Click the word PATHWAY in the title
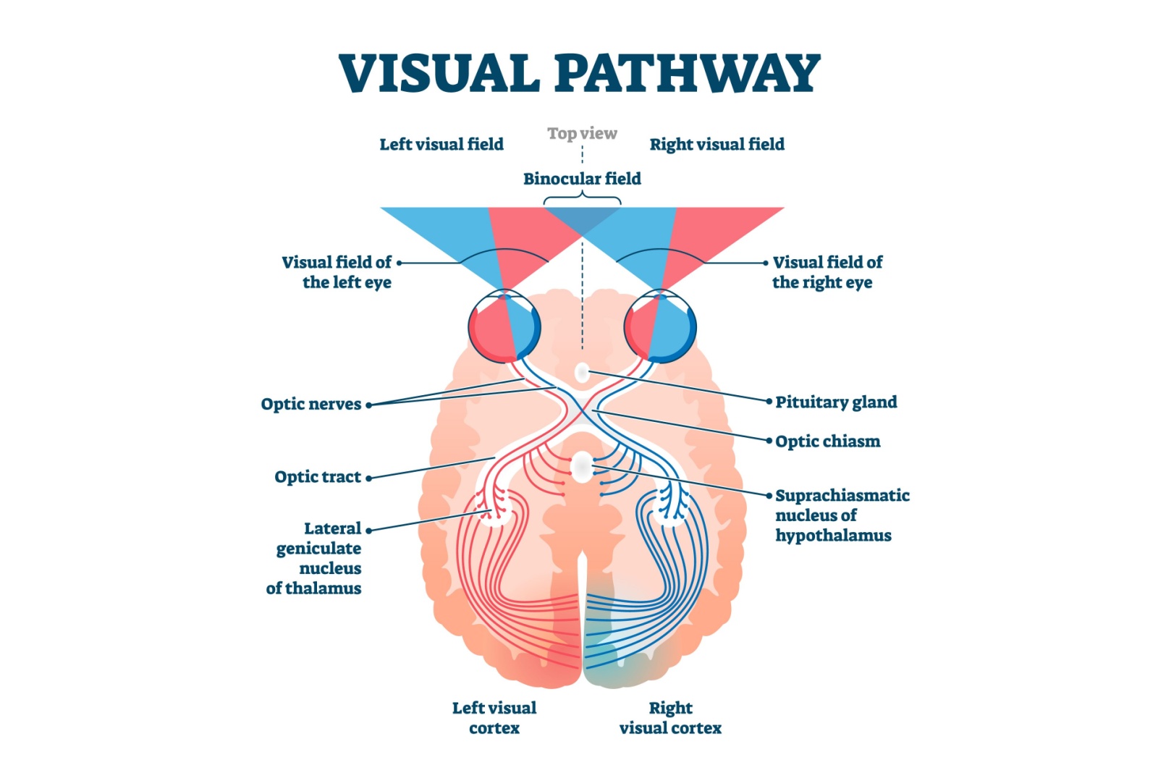pos(688,73)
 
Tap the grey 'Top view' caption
pos(582,133)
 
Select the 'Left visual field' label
pos(441,144)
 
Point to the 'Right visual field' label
pos(717,144)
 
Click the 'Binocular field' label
pos(582,179)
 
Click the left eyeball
pos(504,326)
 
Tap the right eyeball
pos(660,326)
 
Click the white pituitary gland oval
pos(582,372)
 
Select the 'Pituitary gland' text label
pos(836,402)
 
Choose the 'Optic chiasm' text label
pos(828,442)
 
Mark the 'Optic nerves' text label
pos(310,405)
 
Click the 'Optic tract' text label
pos(318,477)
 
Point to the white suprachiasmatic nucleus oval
pos(582,468)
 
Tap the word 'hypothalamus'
pos(833,536)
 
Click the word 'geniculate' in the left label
pos(318,549)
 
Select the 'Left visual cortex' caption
pos(494,717)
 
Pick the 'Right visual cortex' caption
pos(670,717)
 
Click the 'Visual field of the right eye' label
pos(827,272)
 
